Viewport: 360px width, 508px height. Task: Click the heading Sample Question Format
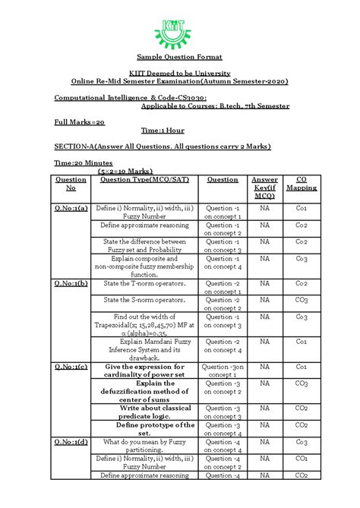(179, 58)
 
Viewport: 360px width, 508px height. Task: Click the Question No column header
(71, 184)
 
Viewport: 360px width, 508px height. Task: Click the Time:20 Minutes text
(84, 162)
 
